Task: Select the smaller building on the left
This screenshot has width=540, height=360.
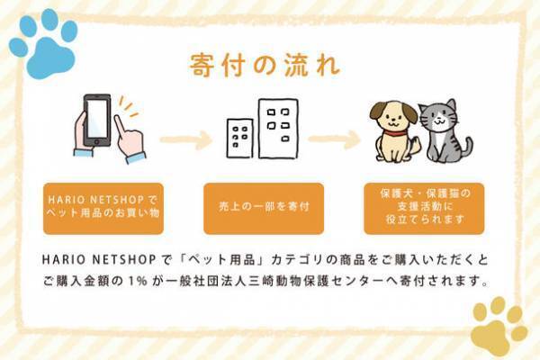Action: click(239, 137)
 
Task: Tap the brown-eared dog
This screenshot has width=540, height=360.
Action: click(393, 130)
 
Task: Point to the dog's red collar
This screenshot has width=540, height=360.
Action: click(392, 135)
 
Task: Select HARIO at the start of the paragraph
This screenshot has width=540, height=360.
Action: click(63, 258)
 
